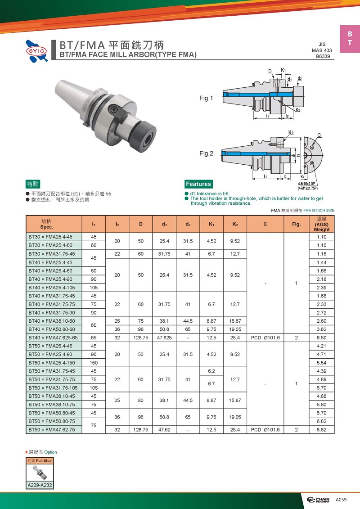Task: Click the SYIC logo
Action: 37,51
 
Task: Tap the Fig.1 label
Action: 206,98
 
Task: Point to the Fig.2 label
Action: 206,153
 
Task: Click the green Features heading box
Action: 198,184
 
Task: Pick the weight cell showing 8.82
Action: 321,429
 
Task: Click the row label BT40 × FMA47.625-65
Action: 53,338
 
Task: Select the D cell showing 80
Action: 140,400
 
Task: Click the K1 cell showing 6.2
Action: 211,371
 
